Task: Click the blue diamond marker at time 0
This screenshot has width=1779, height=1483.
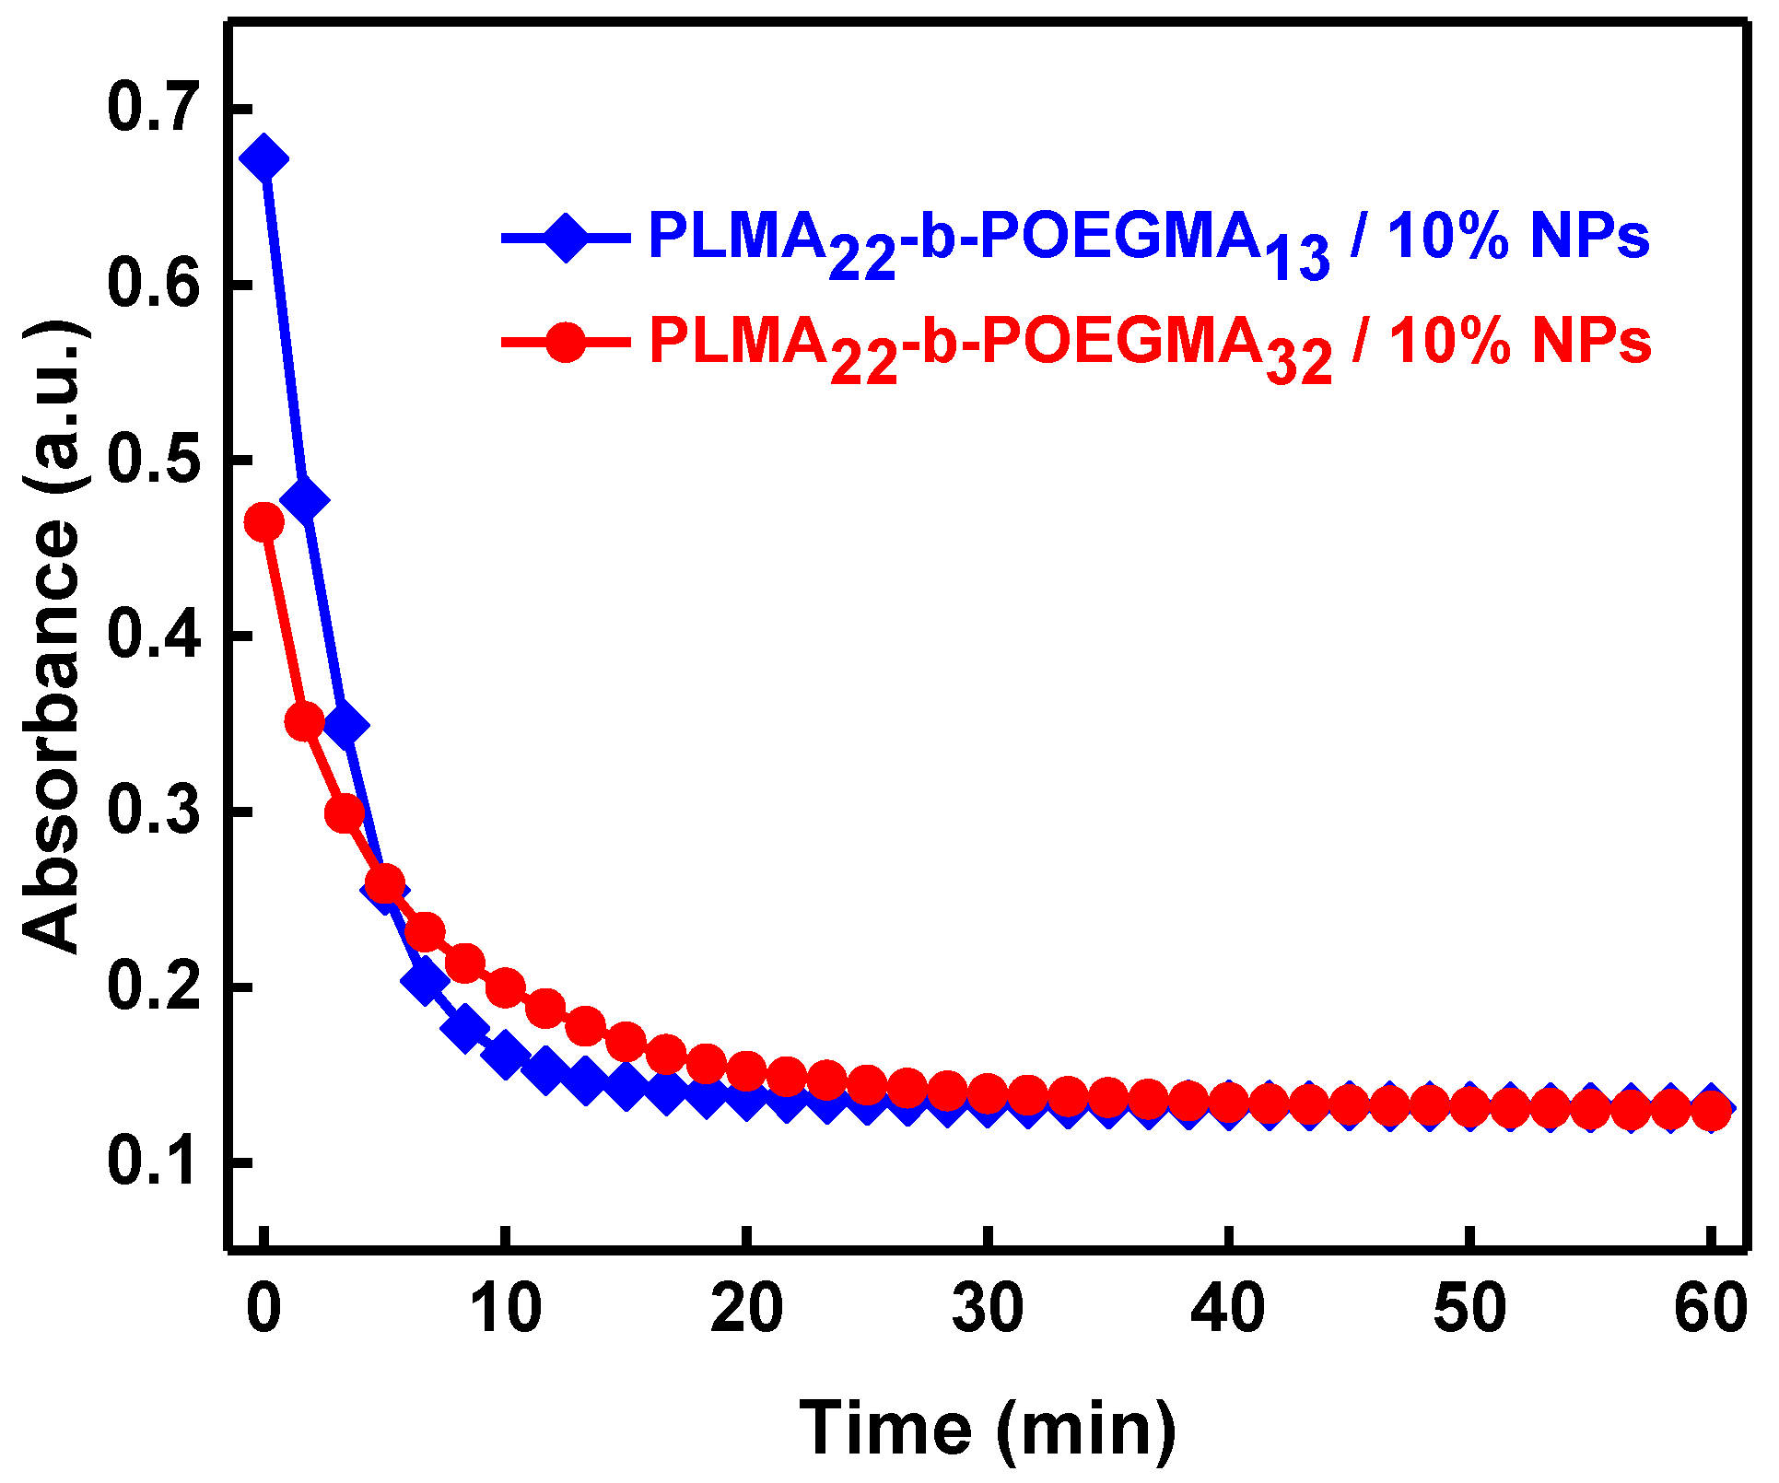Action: (x=264, y=158)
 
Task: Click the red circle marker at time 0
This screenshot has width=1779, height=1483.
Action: (x=264, y=522)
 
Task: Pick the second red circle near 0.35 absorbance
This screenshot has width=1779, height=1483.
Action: (x=305, y=721)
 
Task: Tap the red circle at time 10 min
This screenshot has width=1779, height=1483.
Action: (x=505, y=988)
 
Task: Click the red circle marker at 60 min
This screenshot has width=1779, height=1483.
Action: (x=1712, y=1111)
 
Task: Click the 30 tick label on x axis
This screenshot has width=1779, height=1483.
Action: (x=988, y=1309)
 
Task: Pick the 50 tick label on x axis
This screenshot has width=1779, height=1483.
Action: (x=1469, y=1309)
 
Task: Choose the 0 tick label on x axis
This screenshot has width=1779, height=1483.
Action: (x=264, y=1309)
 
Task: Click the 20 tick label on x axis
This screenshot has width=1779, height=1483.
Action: (x=746, y=1309)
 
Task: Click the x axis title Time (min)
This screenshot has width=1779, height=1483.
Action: (x=988, y=1429)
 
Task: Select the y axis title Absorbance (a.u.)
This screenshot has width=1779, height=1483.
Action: (x=53, y=636)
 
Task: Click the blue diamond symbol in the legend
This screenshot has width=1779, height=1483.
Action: (x=565, y=238)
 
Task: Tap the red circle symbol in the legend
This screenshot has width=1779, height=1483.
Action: (x=565, y=343)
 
